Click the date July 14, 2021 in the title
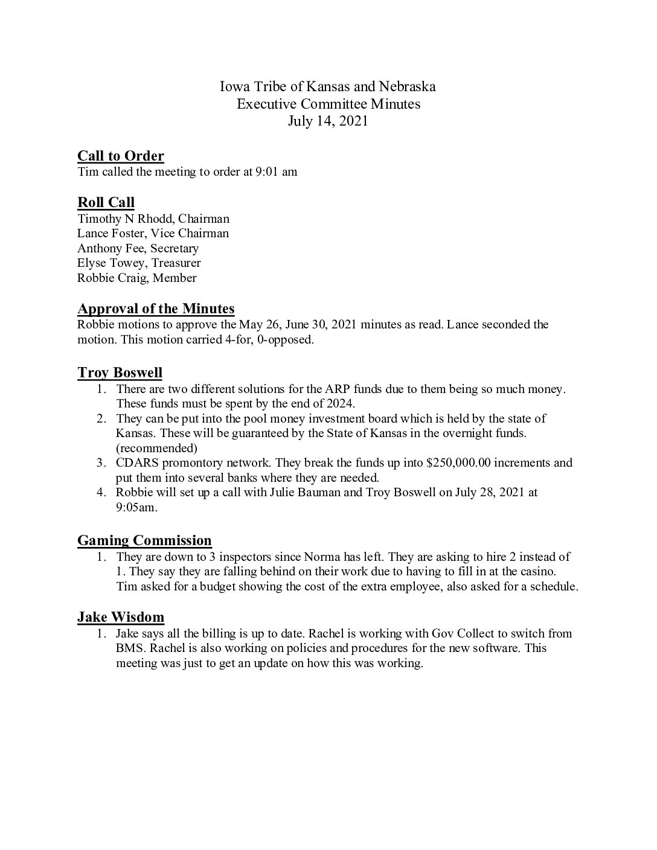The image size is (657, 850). pyautogui.click(x=328, y=121)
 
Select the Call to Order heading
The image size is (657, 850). pyautogui.click(x=121, y=156)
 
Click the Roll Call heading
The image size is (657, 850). pyautogui.click(x=106, y=202)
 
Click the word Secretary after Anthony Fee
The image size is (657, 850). pyautogui.click(x=175, y=248)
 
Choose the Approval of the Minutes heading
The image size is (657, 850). pyautogui.click(x=156, y=309)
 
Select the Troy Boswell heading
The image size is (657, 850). pyautogui.click(x=120, y=372)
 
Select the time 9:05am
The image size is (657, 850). pyautogui.click(x=136, y=508)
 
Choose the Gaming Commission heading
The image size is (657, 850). pyautogui.click(x=144, y=540)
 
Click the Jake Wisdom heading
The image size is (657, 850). pyautogui.click(x=121, y=617)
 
